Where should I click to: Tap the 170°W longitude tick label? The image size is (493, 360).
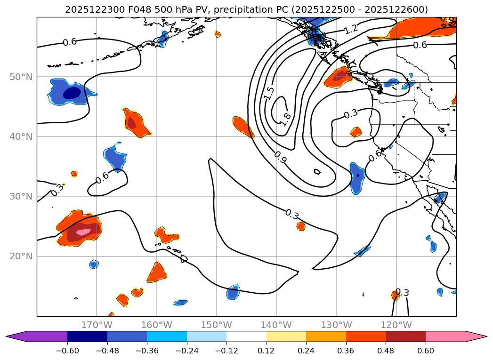coord(97,325)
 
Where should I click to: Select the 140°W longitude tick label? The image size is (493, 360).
coord(276,325)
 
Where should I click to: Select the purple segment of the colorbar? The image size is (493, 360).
coord(42,336)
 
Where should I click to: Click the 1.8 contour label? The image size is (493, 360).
coord(286,118)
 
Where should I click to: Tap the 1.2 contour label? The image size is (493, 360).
coord(351,29)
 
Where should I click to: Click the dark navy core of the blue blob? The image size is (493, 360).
coord(72,93)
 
